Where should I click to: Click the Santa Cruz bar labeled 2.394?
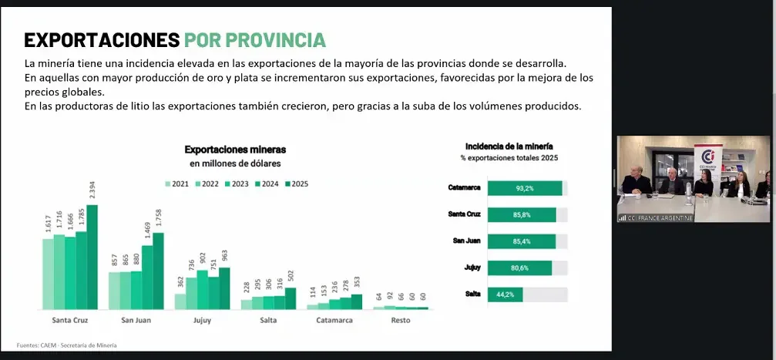pyautogui.click(x=92, y=257)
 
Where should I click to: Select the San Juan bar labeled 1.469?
pyautogui.click(x=147, y=278)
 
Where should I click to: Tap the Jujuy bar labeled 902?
pyautogui.click(x=203, y=290)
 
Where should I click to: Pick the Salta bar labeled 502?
pyautogui.click(x=290, y=298)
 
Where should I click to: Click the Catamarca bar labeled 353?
pyautogui.click(x=356, y=301)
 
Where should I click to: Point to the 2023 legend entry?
pyautogui.click(x=237, y=183)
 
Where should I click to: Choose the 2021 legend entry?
pyautogui.click(x=176, y=183)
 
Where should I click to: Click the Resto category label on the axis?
pyautogui.click(x=401, y=320)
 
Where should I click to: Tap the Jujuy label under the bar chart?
pyautogui.click(x=202, y=321)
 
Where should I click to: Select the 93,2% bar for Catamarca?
pyautogui.click(x=525, y=188)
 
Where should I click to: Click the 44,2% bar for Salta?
pyautogui.click(x=505, y=294)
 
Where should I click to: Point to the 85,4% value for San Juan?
pyautogui.click(x=521, y=241)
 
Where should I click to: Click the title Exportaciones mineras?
pyautogui.click(x=235, y=150)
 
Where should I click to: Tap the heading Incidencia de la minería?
pyautogui.click(x=509, y=146)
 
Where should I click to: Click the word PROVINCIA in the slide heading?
pyautogui.click(x=254, y=39)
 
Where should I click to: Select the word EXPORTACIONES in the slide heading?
pyautogui.click(x=102, y=39)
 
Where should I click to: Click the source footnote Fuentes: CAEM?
pyautogui.click(x=67, y=345)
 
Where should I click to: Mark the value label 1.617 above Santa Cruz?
pyautogui.click(x=48, y=225)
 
